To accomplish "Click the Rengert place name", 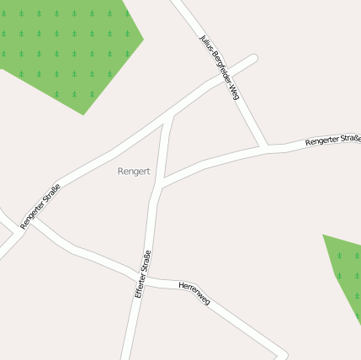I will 134,171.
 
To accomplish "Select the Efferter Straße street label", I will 142,274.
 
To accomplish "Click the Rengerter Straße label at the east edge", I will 333,140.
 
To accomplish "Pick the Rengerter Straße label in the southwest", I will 40,205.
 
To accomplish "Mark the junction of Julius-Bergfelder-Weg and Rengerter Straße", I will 266,148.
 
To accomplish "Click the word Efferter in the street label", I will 140,286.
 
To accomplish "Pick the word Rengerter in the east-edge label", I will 321,141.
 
